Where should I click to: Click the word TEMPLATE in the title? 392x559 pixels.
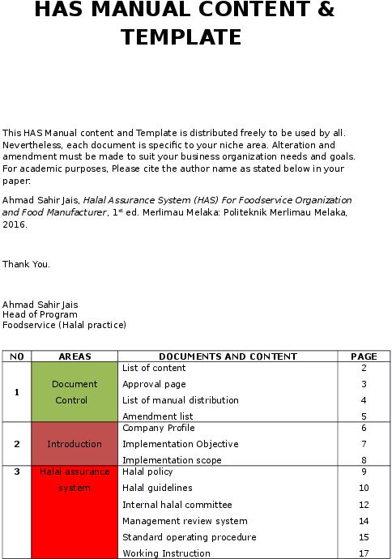coord(181,37)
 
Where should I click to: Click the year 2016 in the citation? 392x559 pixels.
coord(15,224)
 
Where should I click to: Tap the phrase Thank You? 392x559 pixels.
coord(26,264)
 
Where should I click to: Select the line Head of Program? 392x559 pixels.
coord(40,314)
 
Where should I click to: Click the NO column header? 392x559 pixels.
coord(17,356)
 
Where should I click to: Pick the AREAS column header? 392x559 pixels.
coord(75,356)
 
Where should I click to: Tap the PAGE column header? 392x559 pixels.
coord(364,356)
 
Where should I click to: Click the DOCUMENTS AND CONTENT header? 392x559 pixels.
coord(228,356)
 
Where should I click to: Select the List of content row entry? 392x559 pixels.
coord(154,368)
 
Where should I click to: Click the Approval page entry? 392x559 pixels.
coord(154,384)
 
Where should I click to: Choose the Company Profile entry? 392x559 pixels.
coord(158,428)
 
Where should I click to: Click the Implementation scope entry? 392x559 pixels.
coord(172,460)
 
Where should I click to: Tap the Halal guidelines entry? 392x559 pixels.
coord(157,488)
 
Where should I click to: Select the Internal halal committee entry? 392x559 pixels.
coord(177,505)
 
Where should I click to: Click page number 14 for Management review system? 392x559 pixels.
coord(364,521)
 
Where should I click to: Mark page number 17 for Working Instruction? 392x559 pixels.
coord(364,553)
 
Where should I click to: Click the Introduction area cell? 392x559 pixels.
coord(75,444)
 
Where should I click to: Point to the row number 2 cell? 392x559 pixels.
coord(17,444)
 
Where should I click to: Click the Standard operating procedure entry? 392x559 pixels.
coord(189,537)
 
